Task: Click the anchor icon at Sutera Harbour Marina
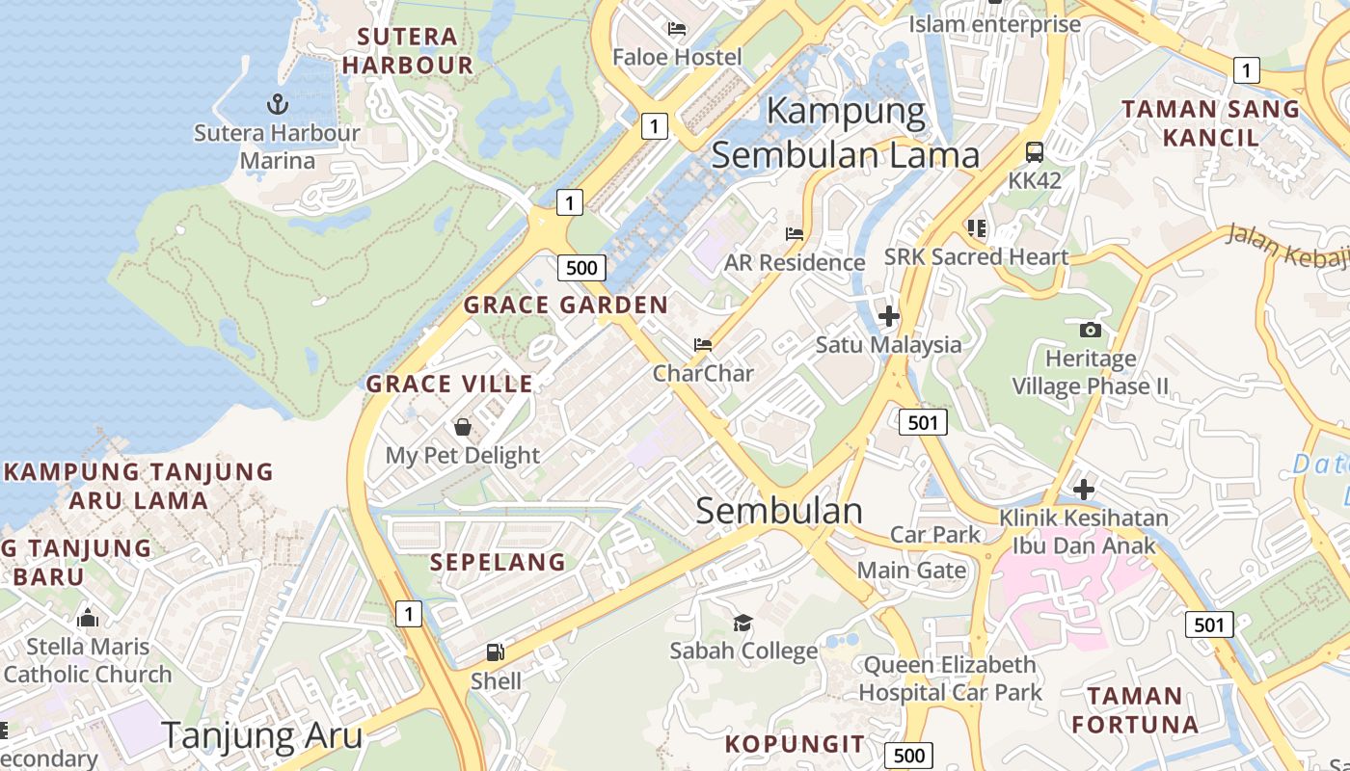point(277,103)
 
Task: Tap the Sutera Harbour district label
point(408,51)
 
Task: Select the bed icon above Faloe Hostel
point(677,29)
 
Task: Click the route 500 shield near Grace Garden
point(581,267)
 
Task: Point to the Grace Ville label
point(449,384)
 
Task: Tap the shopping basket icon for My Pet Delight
point(463,427)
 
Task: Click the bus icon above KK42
point(1035,152)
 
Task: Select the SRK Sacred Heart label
point(976,257)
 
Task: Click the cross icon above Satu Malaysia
point(888,315)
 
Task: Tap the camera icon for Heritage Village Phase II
point(1091,330)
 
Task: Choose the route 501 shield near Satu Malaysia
point(923,421)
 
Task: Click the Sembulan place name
point(779,511)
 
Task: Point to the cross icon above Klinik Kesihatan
point(1084,489)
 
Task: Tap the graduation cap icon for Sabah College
point(742,623)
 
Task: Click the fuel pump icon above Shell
point(496,652)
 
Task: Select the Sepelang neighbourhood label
point(498,562)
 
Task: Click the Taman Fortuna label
point(1135,709)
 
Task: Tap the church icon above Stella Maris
point(88,617)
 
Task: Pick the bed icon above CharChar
point(703,345)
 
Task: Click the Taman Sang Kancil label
point(1211,122)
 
